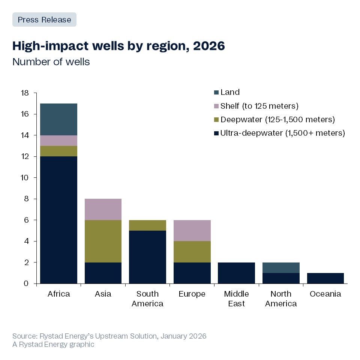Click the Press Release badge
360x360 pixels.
point(44,19)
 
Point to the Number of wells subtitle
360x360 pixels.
point(51,61)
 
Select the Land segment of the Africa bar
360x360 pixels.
point(58,119)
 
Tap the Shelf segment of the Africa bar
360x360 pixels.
point(58,141)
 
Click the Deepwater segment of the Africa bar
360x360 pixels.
point(58,151)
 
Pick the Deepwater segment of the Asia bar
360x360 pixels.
point(103,241)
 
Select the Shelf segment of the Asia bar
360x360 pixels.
point(103,209)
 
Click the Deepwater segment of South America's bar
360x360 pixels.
point(147,225)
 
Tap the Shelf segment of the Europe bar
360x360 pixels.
point(192,231)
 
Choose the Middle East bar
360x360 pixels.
point(236,273)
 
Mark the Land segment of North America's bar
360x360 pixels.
point(280,268)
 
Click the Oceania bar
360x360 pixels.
point(325,278)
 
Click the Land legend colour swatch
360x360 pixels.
point(216,92)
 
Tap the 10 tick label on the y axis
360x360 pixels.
point(24,178)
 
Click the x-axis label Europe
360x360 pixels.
point(192,294)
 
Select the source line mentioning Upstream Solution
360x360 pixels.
point(109,336)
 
